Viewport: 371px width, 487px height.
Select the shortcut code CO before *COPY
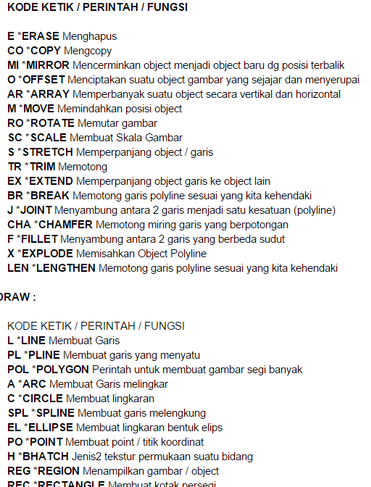click(x=15, y=51)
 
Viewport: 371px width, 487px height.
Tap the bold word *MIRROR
click(x=48, y=65)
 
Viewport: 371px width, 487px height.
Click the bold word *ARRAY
click(x=49, y=94)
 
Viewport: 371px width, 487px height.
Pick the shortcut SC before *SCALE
click(x=14, y=138)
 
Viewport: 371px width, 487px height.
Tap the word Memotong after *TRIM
click(x=82, y=167)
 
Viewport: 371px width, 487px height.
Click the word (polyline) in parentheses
click(x=314, y=210)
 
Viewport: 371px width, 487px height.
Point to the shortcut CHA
click(x=18, y=225)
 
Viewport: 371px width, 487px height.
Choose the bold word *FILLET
click(x=37, y=239)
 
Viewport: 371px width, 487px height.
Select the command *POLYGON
click(x=60, y=370)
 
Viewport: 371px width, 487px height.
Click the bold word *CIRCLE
click(x=41, y=399)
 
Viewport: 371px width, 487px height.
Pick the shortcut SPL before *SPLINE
click(x=17, y=413)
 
